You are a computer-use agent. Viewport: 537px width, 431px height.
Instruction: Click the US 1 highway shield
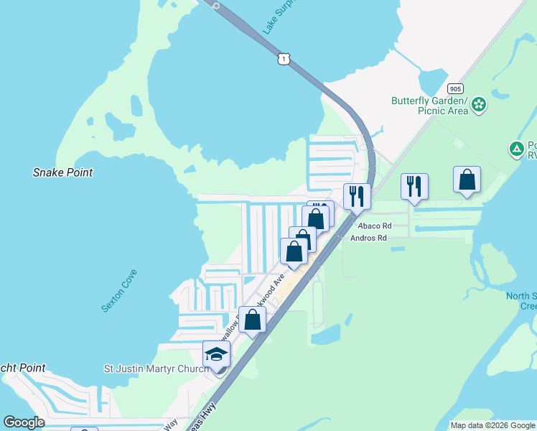coord(285,59)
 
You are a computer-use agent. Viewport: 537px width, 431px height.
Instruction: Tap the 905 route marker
coord(454,89)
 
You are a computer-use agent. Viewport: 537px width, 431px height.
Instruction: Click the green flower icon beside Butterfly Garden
coord(480,106)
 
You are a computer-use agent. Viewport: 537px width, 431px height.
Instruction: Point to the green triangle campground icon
coord(516,149)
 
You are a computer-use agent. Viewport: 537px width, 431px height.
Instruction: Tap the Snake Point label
coord(63,172)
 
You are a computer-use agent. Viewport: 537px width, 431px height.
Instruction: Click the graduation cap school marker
coord(216,353)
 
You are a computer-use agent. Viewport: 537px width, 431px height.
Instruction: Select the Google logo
coord(24,422)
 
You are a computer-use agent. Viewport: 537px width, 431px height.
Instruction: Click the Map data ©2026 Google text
coord(492,425)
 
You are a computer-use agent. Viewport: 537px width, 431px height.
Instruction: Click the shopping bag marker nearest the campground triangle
coord(467,180)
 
